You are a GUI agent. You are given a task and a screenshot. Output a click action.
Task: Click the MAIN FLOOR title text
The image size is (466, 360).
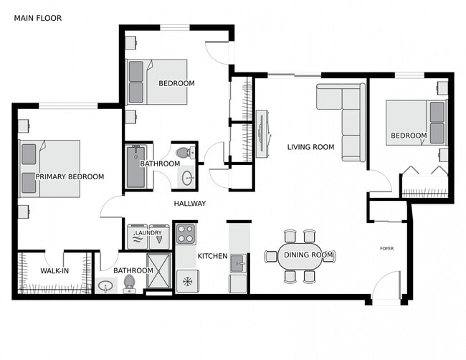[38, 17]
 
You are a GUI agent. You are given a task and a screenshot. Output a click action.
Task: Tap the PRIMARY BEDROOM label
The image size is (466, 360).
[70, 176]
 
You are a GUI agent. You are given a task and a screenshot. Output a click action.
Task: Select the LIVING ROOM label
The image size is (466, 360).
[310, 147]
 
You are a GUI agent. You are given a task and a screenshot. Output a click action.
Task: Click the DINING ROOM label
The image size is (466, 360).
[308, 255]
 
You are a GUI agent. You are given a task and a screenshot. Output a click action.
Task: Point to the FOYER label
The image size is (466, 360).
[387, 248]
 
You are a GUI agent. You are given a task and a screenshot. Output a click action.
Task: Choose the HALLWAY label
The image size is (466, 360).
[189, 204]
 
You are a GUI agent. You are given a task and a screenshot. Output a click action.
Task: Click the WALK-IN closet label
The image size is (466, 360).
[54, 270]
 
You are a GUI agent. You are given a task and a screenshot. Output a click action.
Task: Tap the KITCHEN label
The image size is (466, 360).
[212, 256]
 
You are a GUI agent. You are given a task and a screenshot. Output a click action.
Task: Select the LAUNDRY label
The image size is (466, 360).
[148, 232]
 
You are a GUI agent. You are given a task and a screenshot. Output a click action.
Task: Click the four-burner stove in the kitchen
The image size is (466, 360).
[186, 234]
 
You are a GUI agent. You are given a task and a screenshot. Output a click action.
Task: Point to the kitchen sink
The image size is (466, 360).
[238, 264]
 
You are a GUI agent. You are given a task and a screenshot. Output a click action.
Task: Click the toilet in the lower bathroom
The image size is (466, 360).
[130, 285]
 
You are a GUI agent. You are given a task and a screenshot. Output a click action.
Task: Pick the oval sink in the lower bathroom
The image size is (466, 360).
[106, 287]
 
